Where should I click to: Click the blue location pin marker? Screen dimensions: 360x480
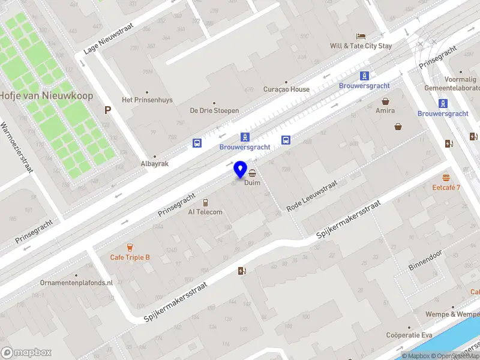point(241,170)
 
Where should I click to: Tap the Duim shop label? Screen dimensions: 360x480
point(253,182)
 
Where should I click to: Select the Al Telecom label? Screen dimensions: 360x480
point(205,212)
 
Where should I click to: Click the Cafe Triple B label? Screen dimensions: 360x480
point(130,257)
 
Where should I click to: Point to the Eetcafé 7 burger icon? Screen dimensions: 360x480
point(446,178)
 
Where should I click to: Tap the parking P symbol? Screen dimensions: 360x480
point(108,110)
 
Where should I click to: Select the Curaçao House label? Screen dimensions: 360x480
point(287,89)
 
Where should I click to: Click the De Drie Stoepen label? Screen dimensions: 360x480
point(214,110)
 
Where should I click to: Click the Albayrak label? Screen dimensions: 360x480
point(155,164)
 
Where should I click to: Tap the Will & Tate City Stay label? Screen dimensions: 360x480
point(361,46)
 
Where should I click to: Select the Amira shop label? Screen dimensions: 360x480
point(385,110)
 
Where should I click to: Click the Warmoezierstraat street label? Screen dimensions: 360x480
point(16,148)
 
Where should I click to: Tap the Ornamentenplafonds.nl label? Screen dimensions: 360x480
point(76,283)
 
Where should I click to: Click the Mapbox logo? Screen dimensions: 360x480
point(26,353)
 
